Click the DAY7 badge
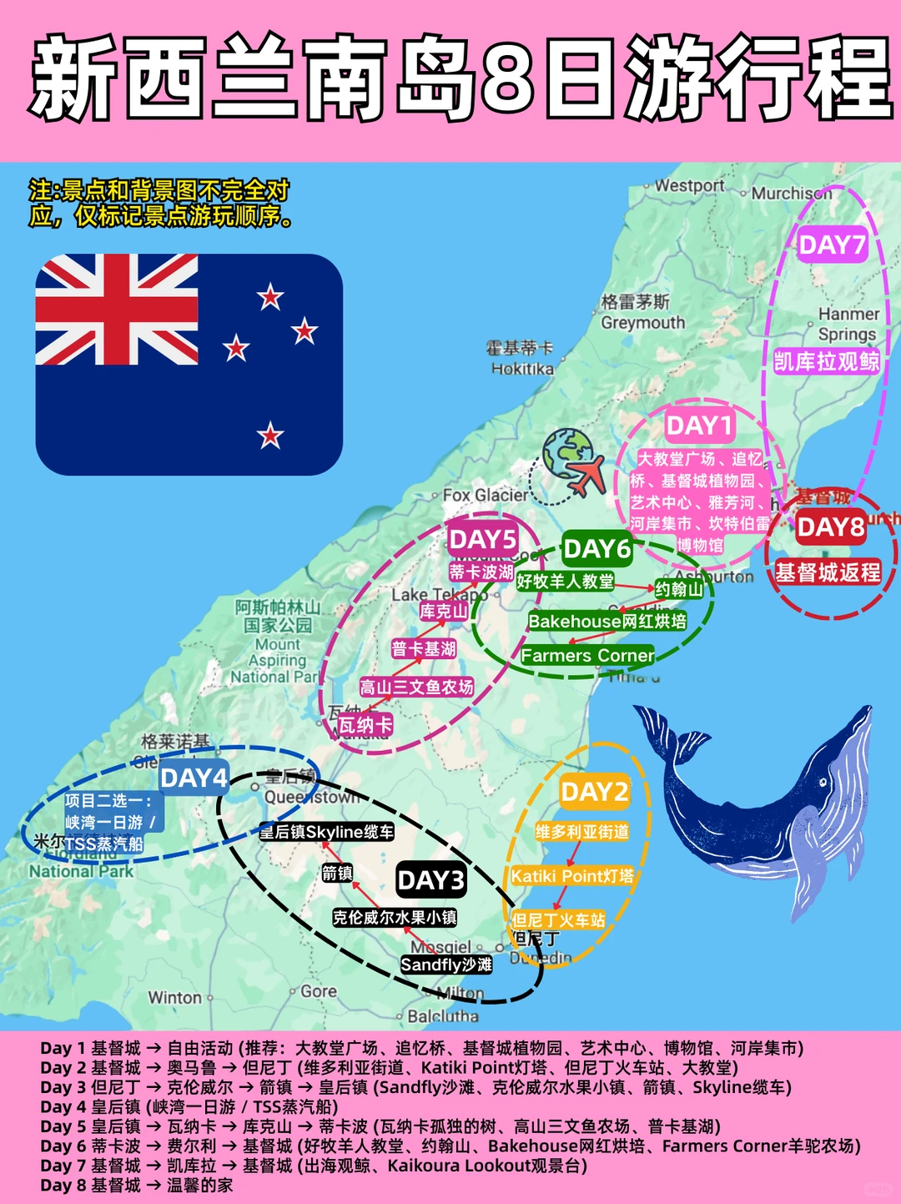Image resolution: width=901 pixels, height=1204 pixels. tap(832, 245)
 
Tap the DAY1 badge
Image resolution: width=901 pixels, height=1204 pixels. tap(699, 426)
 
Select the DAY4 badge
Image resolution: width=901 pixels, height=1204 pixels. tap(194, 778)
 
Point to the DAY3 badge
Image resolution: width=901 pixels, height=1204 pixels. tap(430, 880)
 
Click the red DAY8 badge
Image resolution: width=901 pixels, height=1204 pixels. tap(830, 527)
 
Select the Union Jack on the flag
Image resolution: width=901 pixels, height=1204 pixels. tap(117, 310)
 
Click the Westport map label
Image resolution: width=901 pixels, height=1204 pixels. tap(689, 185)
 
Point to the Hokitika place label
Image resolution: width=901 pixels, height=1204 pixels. tap(522, 368)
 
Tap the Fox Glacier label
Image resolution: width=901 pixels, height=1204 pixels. tap(485, 495)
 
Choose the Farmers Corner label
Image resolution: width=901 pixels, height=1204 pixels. tap(587, 656)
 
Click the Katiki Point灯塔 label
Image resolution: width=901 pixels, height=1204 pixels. tap(572, 876)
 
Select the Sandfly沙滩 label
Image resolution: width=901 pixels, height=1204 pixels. tap(446, 965)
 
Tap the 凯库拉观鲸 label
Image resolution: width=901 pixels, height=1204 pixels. tap(826, 361)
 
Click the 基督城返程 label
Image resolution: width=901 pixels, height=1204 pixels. tap(828, 572)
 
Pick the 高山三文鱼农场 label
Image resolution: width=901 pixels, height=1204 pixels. tap(416, 688)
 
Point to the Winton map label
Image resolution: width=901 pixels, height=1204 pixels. tap(175, 997)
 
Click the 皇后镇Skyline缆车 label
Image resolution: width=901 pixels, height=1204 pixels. tap(326, 832)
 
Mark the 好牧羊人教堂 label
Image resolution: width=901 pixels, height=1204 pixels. tap(565, 582)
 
